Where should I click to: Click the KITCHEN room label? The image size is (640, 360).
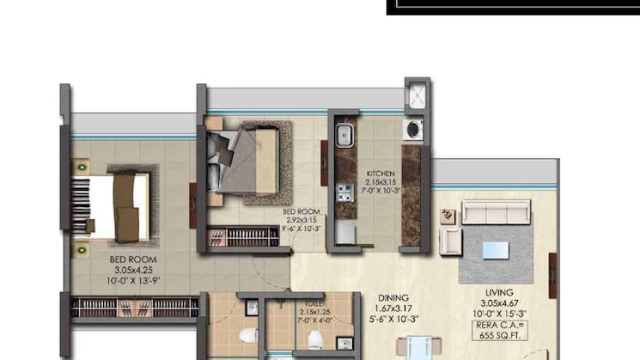pyautogui.click(x=380, y=173)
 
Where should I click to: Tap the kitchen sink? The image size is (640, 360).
pyautogui.click(x=343, y=136)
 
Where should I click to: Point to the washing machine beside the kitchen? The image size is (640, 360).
pyautogui.click(x=412, y=130)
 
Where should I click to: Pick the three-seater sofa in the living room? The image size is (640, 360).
pyautogui.click(x=496, y=213)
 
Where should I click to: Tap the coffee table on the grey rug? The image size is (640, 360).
pyautogui.click(x=494, y=251)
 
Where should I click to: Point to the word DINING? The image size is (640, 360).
pyautogui.click(x=393, y=299)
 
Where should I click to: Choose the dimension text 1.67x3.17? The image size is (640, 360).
pyautogui.click(x=393, y=310)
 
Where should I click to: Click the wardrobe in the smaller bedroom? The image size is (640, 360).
pyautogui.click(x=244, y=235)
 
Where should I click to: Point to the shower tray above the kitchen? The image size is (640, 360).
pyautogui.click(x=418, y=95)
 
